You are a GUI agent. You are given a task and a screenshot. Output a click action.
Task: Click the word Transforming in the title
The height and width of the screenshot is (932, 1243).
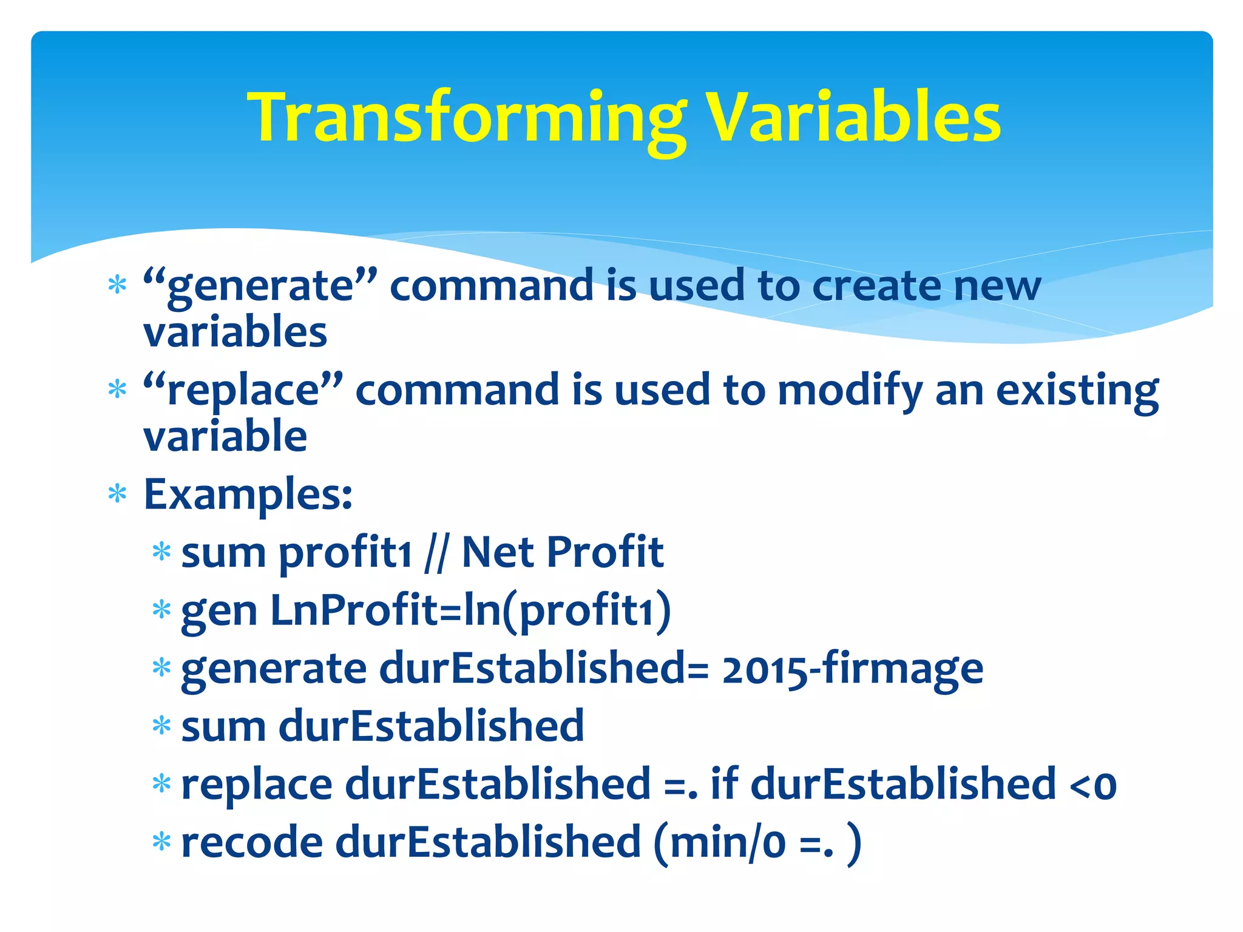click(x=467, y=118)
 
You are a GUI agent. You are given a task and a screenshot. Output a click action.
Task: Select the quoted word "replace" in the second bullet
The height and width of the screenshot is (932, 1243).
click(x=243, y=390)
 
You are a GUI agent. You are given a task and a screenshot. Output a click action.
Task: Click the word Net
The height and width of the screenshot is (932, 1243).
click(x=499, y=552)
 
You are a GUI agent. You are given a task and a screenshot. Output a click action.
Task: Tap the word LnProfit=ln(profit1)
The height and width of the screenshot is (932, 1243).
click(x=470, y=610)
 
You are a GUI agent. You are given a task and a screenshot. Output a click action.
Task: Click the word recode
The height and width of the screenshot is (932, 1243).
click(x=252, y=843)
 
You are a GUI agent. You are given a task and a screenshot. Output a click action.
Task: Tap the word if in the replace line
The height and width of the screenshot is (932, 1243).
click(x=724, y=784)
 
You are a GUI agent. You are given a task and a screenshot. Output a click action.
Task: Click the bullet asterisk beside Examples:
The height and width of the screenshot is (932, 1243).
click(x=117, y=495)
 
